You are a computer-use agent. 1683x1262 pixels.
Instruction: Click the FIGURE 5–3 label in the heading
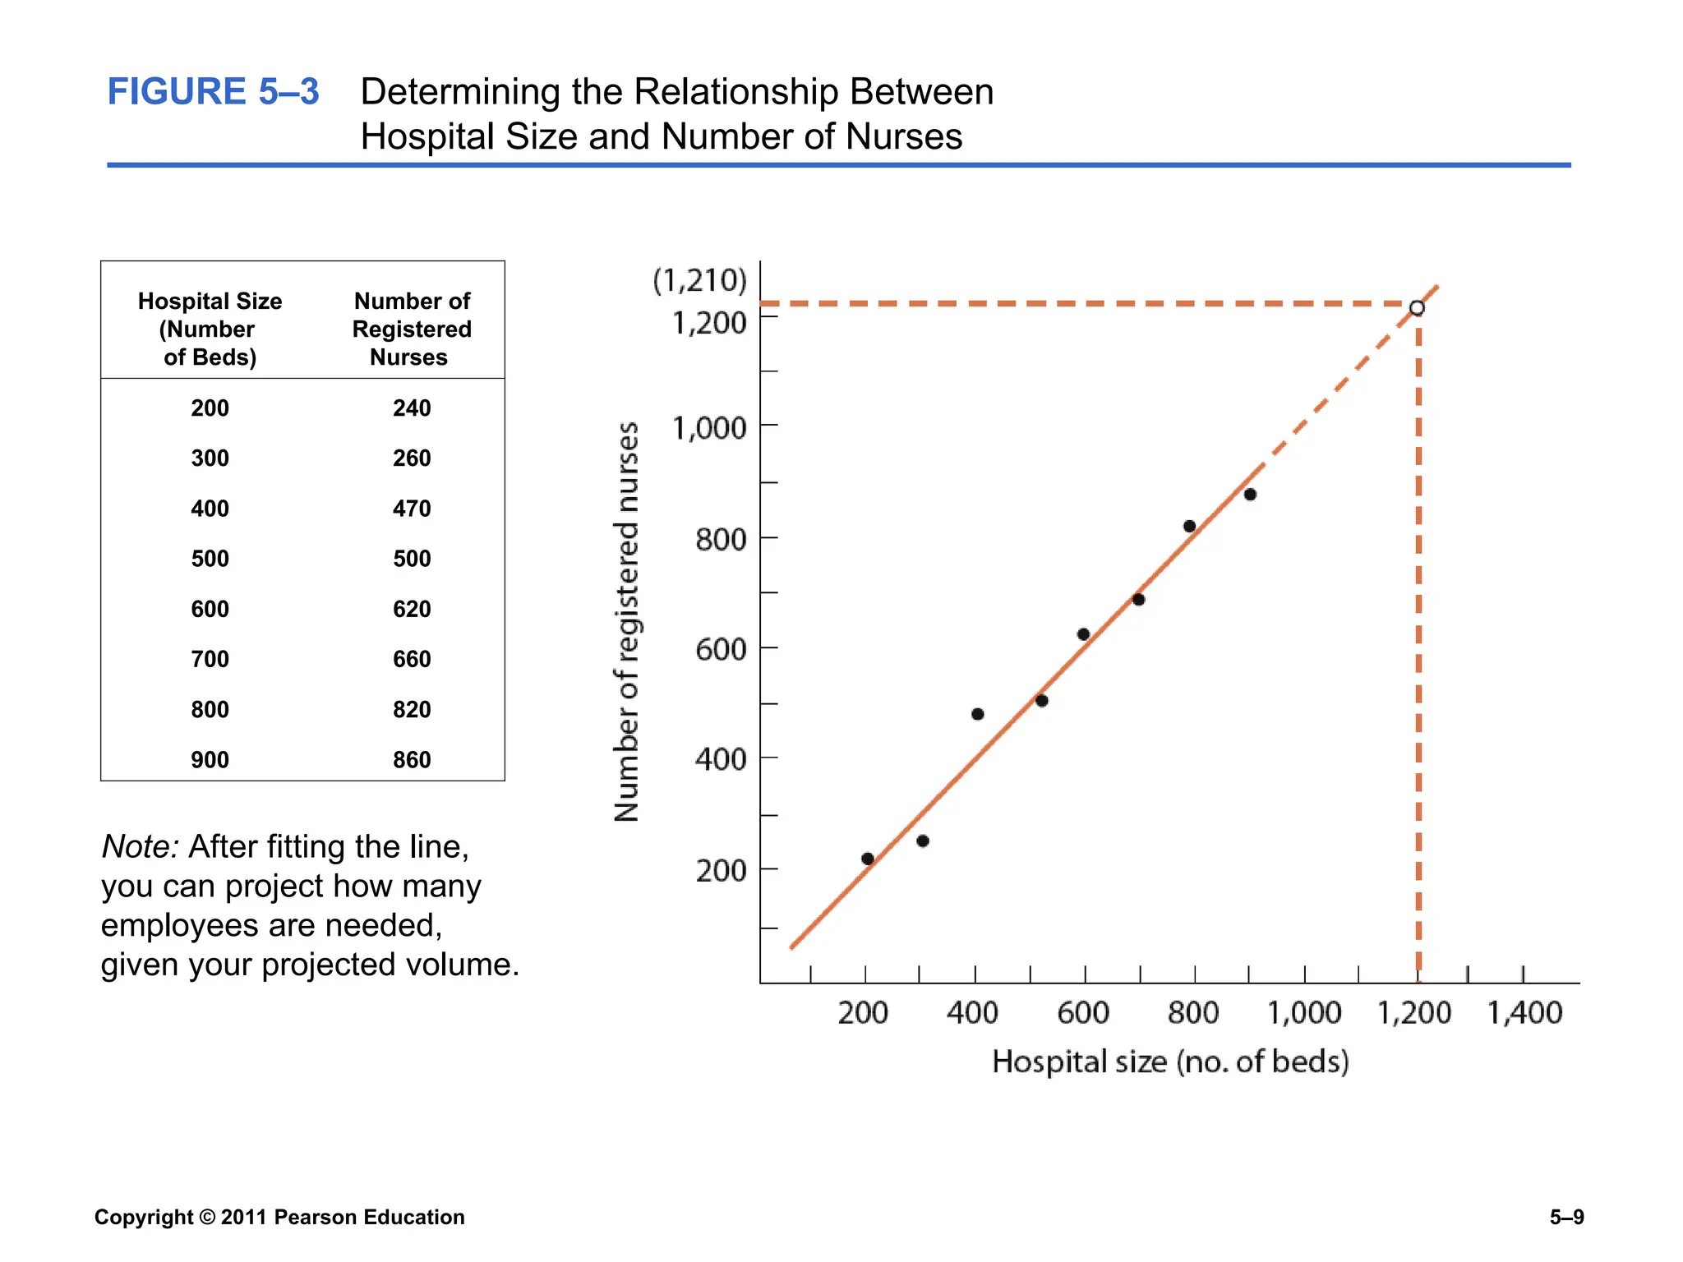pos(213,91)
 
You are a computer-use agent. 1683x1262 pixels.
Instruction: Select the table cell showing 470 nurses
pos(412,509)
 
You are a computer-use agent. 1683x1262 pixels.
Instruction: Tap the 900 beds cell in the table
pos(210,759)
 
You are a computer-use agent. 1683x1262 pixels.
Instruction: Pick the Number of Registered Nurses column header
pos(412,329)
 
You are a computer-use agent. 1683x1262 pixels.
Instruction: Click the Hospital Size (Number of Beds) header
pos(210,329)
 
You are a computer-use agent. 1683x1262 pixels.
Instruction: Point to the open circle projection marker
pos(1417,308)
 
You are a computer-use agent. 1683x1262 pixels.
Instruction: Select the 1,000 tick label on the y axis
pos(709,428)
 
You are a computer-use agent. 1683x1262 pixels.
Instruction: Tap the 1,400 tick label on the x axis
pos(1524,1012)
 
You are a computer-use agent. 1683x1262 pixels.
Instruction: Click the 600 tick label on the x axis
pos(1083,1012)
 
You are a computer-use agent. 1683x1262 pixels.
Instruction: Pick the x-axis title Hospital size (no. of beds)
pos(1170,1062)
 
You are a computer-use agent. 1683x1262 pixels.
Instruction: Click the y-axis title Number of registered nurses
pos(627,622)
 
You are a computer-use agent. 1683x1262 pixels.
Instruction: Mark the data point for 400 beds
pos(977,714)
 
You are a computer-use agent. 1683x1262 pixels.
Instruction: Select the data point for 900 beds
pos(1250,495)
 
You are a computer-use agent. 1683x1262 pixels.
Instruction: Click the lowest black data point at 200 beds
pos(868,859)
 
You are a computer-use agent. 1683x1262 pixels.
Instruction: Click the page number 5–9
pos(1566,1217)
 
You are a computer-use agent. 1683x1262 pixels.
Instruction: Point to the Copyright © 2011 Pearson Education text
pos(279,1217)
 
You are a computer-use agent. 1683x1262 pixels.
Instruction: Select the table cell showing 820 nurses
pos(412,709)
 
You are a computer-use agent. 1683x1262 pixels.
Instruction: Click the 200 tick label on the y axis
pos(721,870)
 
